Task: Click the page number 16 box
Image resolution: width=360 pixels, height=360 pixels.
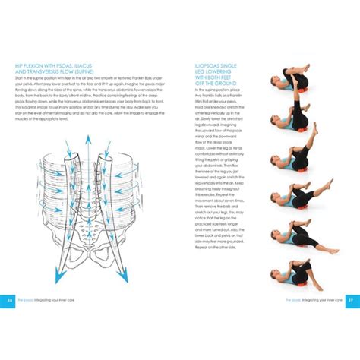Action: coord(10,301)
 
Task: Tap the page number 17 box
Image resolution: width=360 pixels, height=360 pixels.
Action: coord(349,301)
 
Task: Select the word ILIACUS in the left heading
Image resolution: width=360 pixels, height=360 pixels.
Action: coord(94,65)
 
